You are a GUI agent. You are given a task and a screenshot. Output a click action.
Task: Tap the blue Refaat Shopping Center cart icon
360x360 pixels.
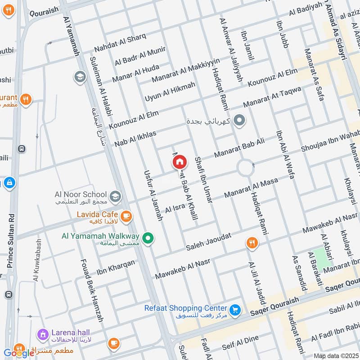point(234,310)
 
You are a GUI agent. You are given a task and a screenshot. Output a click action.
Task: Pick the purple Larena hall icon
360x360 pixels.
point(43,334)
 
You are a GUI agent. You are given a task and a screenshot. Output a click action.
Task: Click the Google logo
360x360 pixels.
point(19,353)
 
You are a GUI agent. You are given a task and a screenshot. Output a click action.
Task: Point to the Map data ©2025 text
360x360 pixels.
point(335,355)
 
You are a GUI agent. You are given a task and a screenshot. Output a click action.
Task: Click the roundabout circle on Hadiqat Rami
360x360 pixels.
point(246,169)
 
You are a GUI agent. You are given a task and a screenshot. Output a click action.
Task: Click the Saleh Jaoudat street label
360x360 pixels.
point(208,242)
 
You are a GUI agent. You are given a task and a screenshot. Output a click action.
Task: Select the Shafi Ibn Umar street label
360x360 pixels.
point(203,179)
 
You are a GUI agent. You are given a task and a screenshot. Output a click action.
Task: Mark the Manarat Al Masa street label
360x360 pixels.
point(251,189)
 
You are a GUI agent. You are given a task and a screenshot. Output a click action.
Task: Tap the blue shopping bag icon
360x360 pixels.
point(9,183)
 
